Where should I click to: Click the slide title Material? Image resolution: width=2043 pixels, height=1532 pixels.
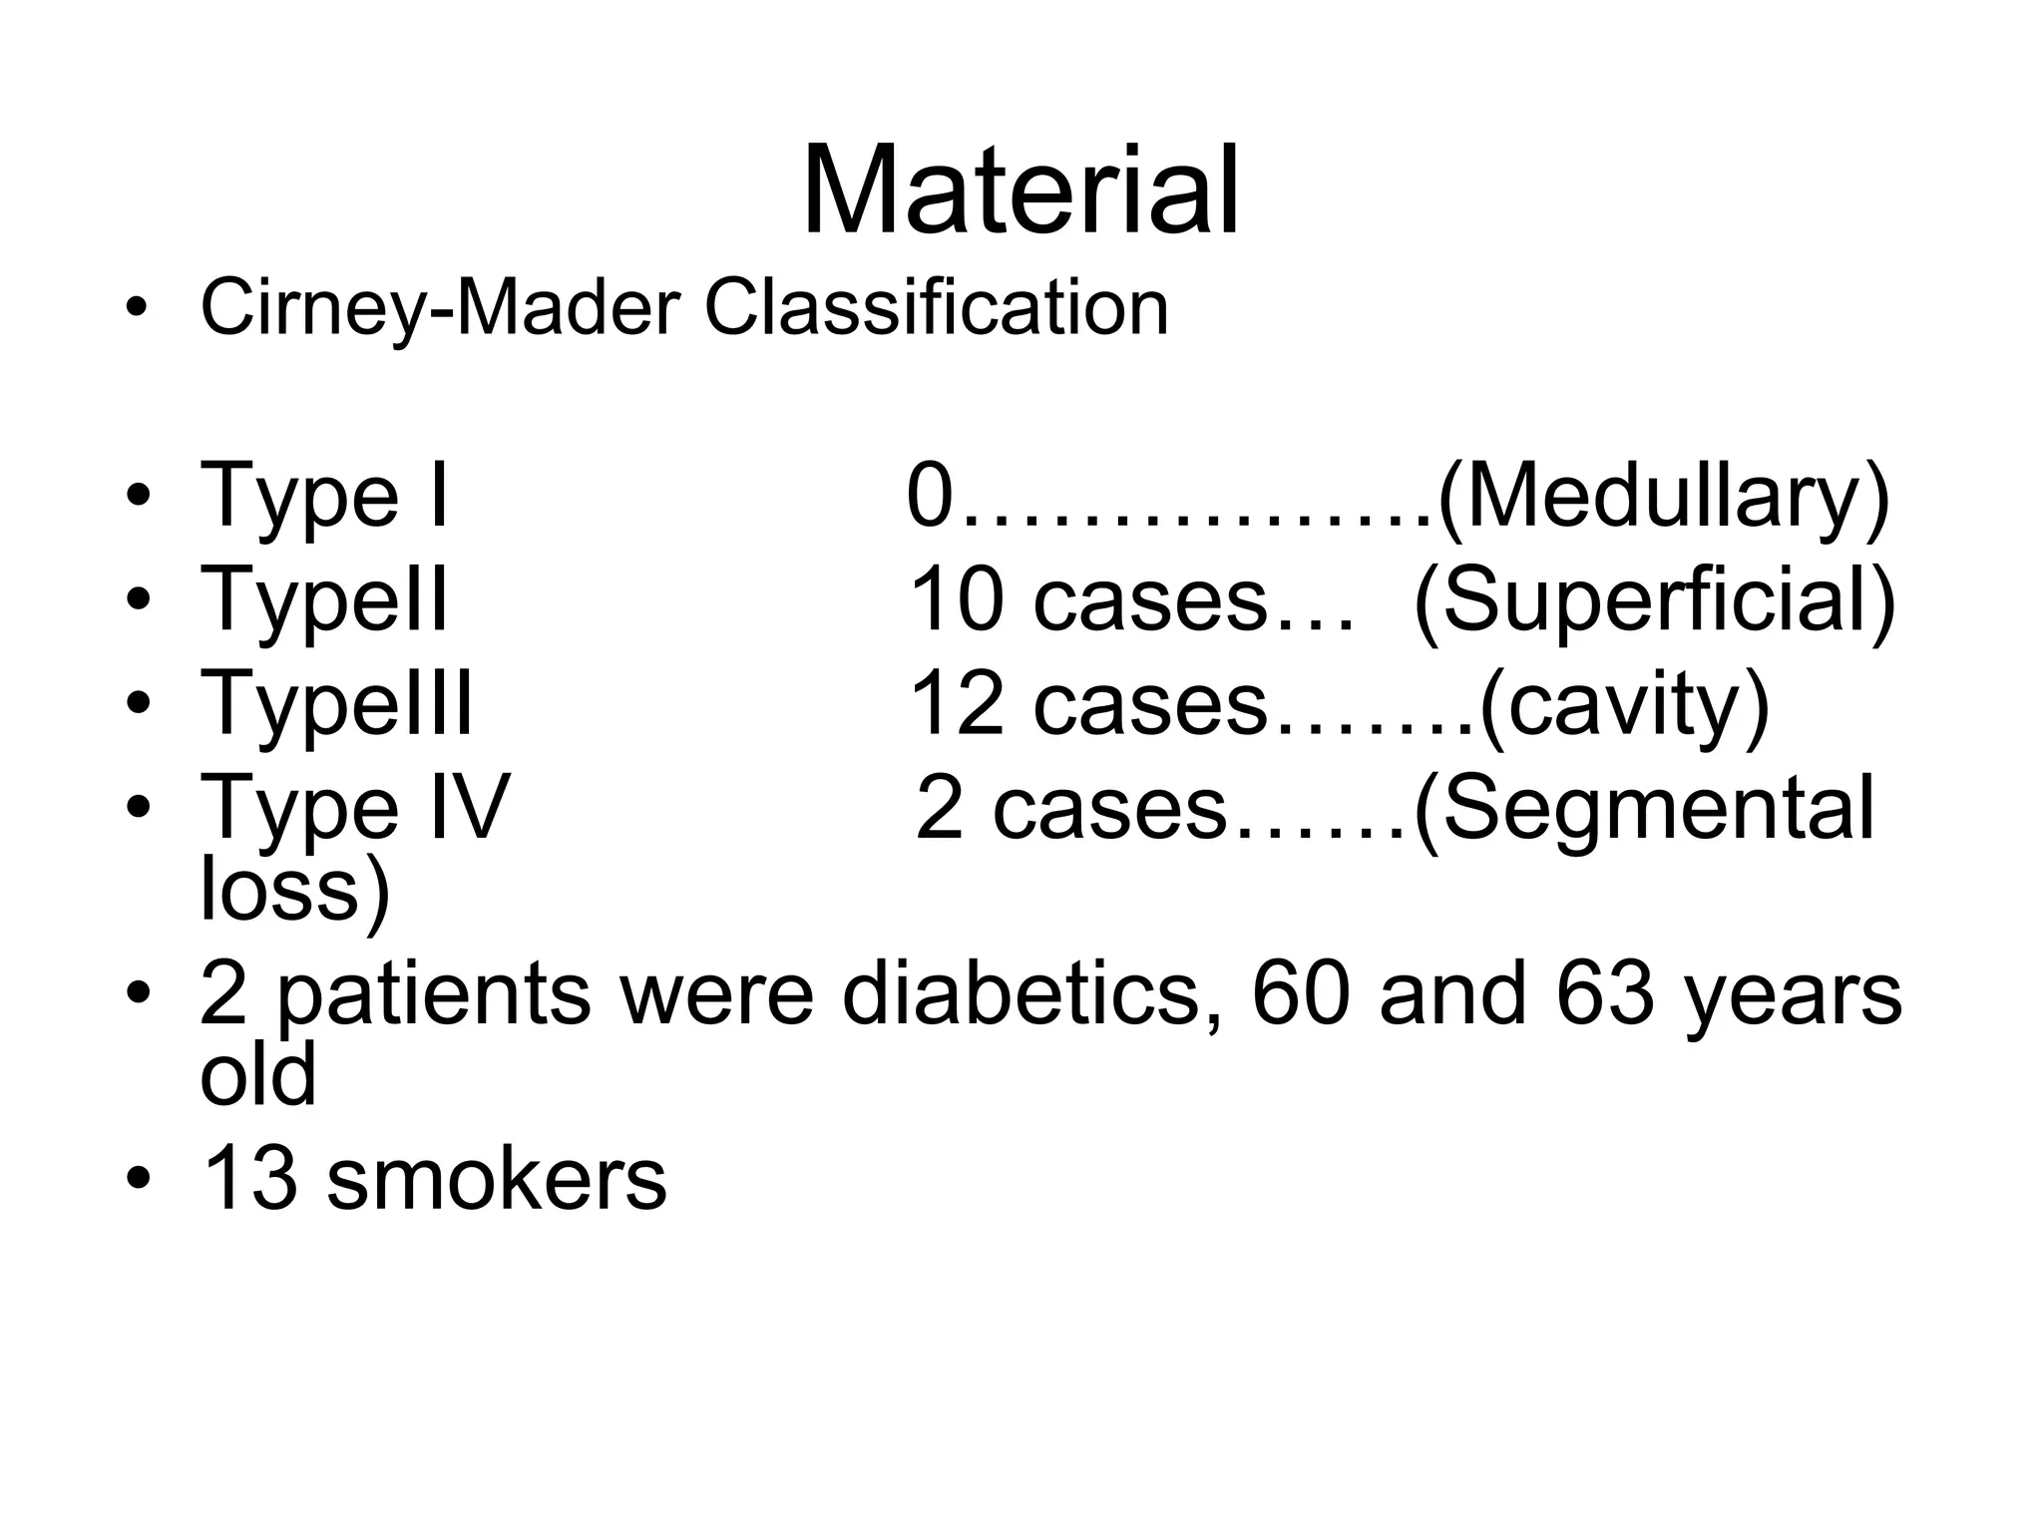(x=1021, y=191)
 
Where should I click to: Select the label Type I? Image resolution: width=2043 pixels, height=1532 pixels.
(x=324, y=496)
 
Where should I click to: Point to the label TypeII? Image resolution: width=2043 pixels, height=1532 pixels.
(x=324, y=600)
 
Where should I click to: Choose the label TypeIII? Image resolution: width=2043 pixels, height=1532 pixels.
(x=336, y=704)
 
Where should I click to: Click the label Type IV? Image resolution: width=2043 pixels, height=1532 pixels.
(x=354, y=808)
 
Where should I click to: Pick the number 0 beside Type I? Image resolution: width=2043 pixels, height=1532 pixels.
(x=930, y=496)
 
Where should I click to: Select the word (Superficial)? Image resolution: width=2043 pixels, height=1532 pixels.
(x=1655, y=601)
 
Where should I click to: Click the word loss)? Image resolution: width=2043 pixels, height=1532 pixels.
(x=295, y=890)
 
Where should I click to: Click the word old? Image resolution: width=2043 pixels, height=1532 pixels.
(x=258, y=1074)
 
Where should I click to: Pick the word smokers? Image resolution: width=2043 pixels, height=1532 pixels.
(x=496, y=1180)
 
